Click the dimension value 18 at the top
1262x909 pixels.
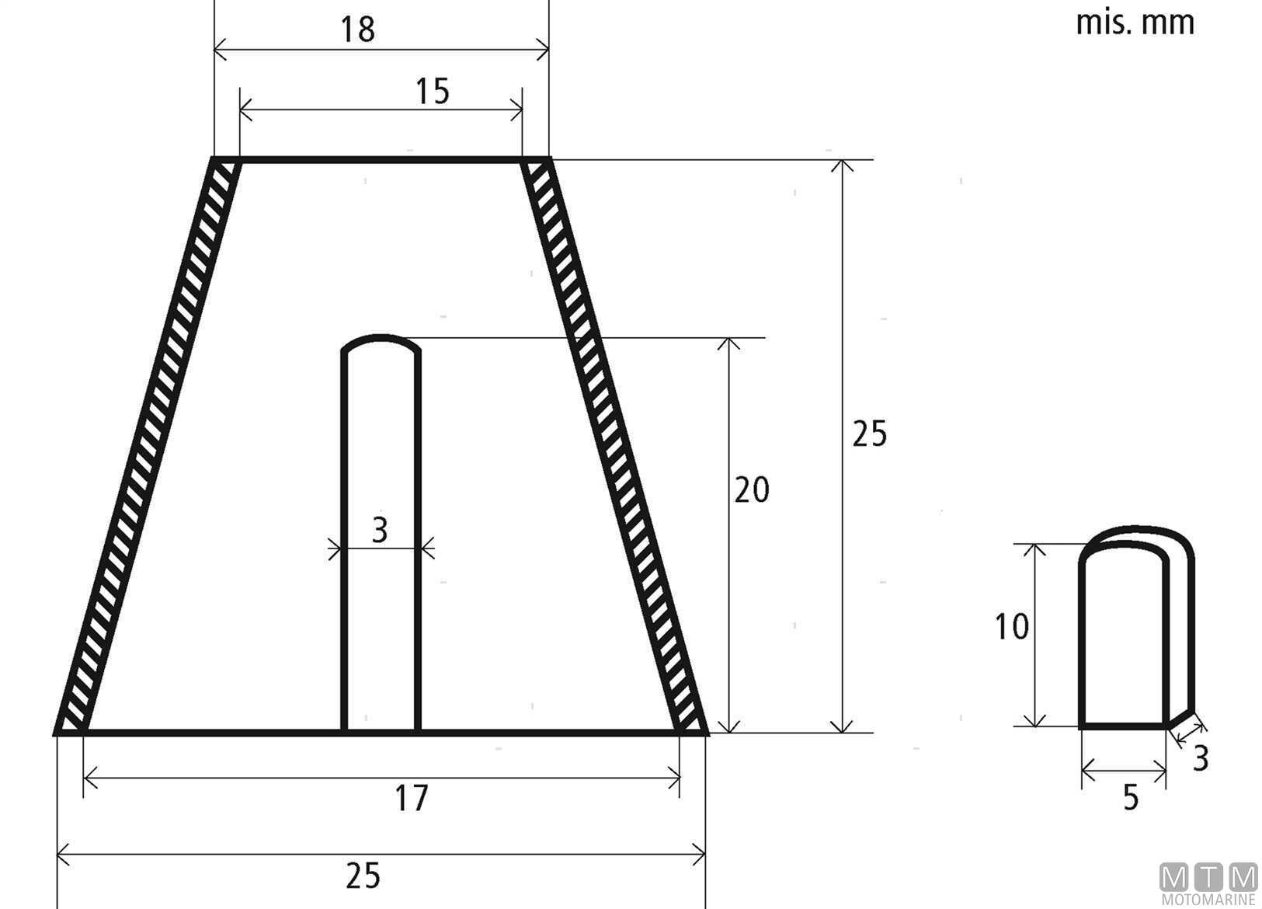tap(358, 30)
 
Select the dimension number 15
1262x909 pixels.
tap(433, 92)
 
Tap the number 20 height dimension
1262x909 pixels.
tap(752, 489)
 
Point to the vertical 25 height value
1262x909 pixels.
tap(869, 434)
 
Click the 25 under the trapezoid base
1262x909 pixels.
tap(363, 876)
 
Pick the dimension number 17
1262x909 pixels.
tap(412, 798)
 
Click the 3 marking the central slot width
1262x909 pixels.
tap(381, 530)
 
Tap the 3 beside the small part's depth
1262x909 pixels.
tap(1201, 758)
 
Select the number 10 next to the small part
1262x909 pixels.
tap(1012, 627)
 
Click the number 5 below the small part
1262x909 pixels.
tap(1131, 798)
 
